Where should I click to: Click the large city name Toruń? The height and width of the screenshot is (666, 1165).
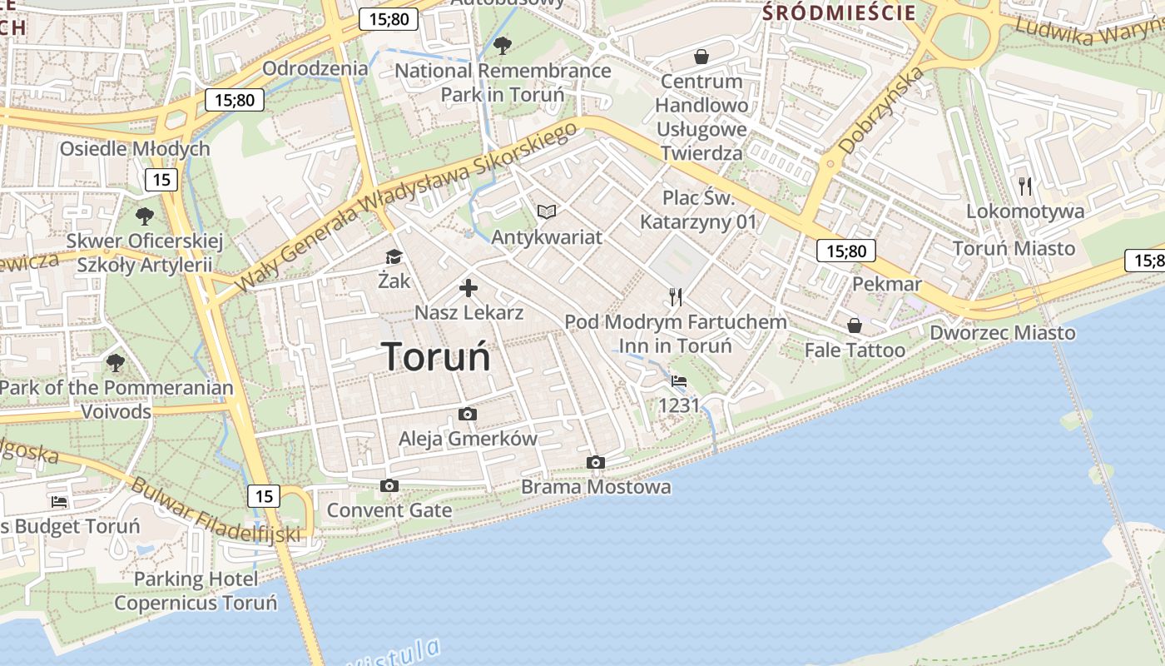pos(436,356)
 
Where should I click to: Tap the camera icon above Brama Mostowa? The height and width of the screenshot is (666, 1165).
pos(595,462)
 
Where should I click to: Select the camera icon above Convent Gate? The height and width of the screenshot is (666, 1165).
pos(389,485)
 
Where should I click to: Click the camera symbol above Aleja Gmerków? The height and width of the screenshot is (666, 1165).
pos(468,414)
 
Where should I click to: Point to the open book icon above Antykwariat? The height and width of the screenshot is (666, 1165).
pos(546,211)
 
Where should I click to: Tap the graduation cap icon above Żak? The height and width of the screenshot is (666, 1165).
pos(394,256)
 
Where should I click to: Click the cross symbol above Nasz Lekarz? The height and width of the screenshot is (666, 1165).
pos(468,289)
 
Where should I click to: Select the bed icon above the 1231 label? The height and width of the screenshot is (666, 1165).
pos(679,381)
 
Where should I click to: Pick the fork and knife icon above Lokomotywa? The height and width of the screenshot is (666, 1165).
pos(1025,186)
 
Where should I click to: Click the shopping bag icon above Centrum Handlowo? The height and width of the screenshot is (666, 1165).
pos(701,57)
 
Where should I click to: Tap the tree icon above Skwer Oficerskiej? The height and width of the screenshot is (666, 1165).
pos(145,216)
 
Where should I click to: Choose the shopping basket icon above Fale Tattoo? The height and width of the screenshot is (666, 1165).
pos(854,325)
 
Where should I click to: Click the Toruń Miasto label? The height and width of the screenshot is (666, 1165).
pos(1014,248)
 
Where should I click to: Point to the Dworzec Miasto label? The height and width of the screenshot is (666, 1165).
pos(1002,333)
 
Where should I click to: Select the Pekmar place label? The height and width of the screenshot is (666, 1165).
pos(887,284)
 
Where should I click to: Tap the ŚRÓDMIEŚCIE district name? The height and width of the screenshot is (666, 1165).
pos(839,12)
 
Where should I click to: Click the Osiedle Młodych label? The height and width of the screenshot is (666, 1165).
pos(135,149)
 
